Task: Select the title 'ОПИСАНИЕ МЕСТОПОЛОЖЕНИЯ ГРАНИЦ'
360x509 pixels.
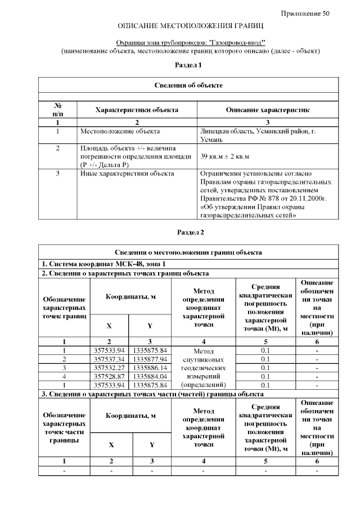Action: (191, 26)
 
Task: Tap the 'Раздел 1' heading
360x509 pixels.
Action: (188, 65)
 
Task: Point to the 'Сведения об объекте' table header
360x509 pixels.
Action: (188, 85)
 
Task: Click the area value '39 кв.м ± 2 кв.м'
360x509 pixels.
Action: (224, 156)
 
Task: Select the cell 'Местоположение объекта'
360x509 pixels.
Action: (120, 132)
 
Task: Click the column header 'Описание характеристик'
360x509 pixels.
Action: (267, 110)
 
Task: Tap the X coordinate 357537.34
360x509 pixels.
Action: (109, 359)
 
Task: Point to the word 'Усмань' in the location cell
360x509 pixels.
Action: (211, 139)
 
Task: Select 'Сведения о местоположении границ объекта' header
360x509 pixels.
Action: (188, 253)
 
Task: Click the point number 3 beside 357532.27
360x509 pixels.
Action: (64, 367)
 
